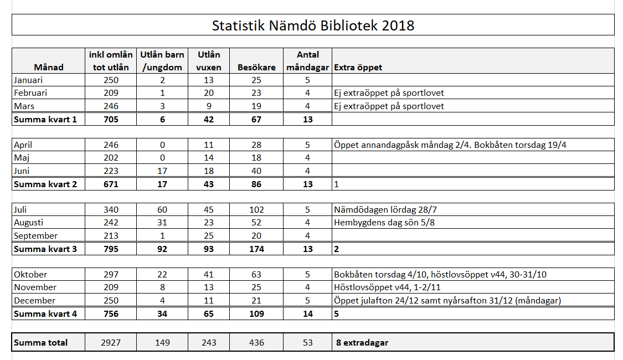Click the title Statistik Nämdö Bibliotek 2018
click(x=313, y=25)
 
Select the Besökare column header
click(x=256, y=68)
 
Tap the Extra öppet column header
click(x=358, y=68)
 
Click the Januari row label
click(x=28, y=80)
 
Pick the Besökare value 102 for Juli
click(x=256, y=210)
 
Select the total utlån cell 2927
click(x=110, y=342)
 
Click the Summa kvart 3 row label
click(x=45, y=249)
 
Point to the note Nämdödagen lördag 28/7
click(x=385, y=210)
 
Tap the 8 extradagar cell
click(x=362, y=342)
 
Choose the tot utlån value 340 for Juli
click(x=111, y=210)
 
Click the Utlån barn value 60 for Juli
click(x=162, y=210)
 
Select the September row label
click(x=36, y=235)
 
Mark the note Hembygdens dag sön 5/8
click(x=384, y=223)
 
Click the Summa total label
click(x=40, y=342)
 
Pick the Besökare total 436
click(x=256, y=342)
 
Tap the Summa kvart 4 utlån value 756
click(x=111, y=314)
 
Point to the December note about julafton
click(x=447, y=300)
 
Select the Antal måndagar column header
click(x=307, y=61)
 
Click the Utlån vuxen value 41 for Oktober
click(x=209, y=275)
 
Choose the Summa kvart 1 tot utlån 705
click(x=111, y=119)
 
